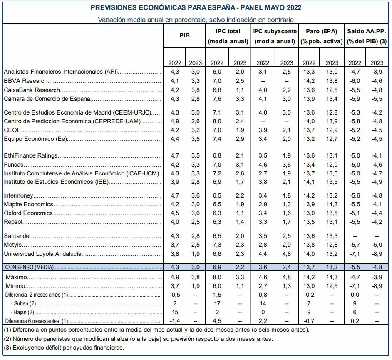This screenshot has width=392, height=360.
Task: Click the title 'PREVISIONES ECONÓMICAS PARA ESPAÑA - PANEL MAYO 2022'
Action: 196,8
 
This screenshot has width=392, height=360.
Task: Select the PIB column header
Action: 184,36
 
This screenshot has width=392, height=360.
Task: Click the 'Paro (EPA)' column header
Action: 321,31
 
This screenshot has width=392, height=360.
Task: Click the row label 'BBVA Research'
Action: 26,81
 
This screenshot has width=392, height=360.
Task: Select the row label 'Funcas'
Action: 13,164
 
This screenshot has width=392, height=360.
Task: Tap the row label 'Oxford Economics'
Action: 28,213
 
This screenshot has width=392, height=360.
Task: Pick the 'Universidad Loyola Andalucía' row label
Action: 42,254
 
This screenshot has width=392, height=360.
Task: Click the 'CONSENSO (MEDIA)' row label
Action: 29,267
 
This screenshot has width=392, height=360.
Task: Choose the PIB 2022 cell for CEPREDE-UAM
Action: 175,121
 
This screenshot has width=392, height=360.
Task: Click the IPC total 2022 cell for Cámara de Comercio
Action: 217,99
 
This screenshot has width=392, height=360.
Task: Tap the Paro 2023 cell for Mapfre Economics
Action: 332,204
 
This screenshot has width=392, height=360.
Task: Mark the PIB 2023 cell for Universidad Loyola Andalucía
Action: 195,254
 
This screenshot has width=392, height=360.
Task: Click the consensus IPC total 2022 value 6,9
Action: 217,267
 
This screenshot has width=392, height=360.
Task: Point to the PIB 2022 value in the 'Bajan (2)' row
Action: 175,312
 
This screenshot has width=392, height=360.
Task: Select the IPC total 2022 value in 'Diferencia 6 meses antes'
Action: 217,321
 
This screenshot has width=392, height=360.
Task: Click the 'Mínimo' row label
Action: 16,286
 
